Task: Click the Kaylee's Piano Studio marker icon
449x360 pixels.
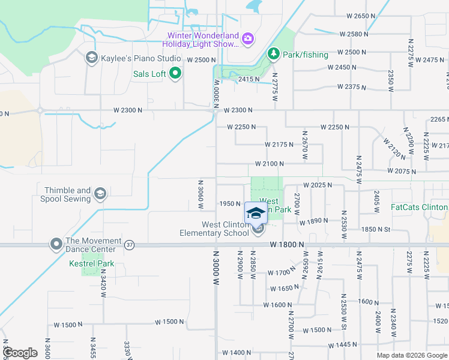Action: point(91,58)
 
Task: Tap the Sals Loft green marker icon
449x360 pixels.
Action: point(175,74)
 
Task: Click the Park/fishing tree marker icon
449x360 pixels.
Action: point(274,55)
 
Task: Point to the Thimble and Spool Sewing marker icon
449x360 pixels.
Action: point(100,193)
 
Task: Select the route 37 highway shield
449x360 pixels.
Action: point(130,245)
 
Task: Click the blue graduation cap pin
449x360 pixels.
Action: point(256,213)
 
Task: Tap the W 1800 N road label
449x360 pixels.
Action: point(288,245)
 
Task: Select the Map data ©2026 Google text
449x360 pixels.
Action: point(412,355)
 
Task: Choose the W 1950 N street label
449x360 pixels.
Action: point(230,204)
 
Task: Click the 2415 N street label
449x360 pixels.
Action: point(249,79)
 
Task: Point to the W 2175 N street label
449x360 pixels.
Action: point(279,145)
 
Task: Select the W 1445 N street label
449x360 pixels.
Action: point(346,345)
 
